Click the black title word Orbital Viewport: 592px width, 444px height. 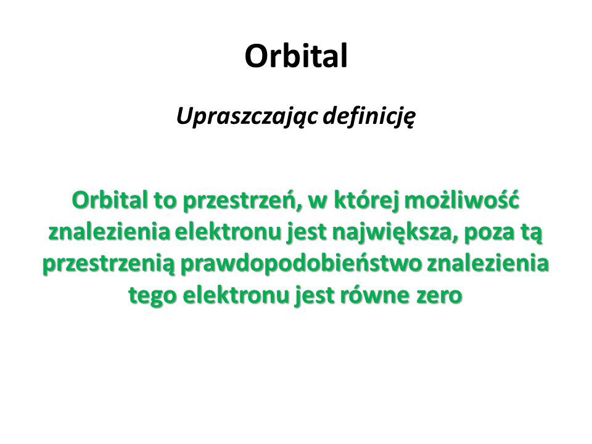(x=296, y=56)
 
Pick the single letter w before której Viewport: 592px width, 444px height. (x=319, y=203)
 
